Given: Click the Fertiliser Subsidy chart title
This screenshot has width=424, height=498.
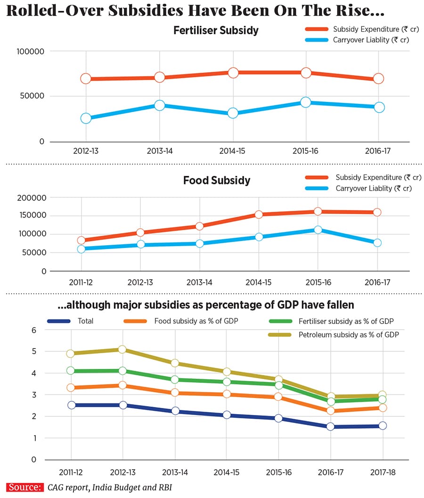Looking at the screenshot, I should pos(216,31).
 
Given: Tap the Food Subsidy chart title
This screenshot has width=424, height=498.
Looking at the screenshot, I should pos(216,181).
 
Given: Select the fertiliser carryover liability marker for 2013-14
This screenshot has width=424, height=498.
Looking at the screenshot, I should pos(159,105).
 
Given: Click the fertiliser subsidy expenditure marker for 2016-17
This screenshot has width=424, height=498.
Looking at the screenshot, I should pos(379,78).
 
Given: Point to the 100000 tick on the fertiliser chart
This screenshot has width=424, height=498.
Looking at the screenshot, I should pos(30,51).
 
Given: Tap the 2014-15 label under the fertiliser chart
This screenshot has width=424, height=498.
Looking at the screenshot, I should pos(232,152).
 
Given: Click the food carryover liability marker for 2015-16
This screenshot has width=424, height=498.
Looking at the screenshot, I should pos(318,230).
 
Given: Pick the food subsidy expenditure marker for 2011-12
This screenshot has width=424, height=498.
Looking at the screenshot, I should pos(81,241).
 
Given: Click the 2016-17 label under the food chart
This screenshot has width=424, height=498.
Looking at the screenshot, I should pos(377,282).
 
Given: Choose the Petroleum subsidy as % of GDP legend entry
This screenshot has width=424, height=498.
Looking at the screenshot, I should pos(348,335).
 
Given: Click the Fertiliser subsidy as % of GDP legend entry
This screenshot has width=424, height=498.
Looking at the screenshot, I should pos(346,321).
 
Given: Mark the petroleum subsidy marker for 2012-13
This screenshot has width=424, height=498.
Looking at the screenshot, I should pos(122,349).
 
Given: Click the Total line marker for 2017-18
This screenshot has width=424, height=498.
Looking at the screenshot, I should pos(382,425).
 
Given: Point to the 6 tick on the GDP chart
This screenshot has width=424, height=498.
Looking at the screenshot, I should pos(33,330).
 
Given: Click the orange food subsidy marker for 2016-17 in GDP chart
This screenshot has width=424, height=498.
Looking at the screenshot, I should pos(330,411).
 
